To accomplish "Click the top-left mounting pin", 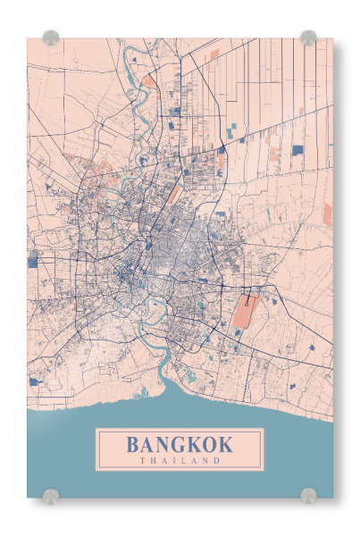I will click(51, 38).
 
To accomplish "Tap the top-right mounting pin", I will click(308, 38).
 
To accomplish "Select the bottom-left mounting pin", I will click(51, 495).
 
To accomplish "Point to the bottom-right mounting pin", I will click(308, 495).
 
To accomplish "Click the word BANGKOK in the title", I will click(180, 444).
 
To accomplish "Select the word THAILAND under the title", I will click(180, 461).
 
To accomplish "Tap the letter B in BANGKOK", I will click(133, 444).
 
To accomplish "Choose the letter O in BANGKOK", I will click(209, 444).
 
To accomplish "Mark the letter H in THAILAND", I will click(154, 461).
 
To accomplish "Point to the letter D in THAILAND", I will click(216, 461).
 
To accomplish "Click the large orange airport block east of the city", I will click(245, 313).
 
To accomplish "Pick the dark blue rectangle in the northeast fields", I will click(297, 149).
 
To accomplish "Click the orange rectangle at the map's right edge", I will click(327, 214).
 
